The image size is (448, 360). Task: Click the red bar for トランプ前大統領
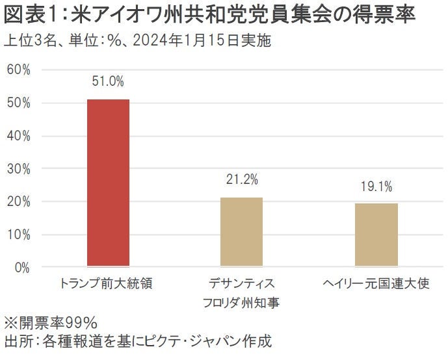point(109,183)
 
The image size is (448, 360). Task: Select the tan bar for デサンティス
point(241,231)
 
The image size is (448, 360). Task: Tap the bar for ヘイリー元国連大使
point(376,235)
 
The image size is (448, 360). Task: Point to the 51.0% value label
point(109,82)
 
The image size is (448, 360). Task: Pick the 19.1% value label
point(376,186)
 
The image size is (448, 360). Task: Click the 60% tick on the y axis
point(18,70)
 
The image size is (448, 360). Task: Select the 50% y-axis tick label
point(18,103)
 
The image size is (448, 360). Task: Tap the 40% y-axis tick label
point(18,136)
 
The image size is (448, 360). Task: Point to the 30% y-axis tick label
point(18,168)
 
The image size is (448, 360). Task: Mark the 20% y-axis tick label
point(18,201)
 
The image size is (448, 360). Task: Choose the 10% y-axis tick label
point(18,234)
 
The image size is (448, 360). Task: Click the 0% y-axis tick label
point(21,267)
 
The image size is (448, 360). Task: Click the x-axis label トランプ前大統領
point(105,284)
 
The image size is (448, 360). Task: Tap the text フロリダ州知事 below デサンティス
point(241,303)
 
